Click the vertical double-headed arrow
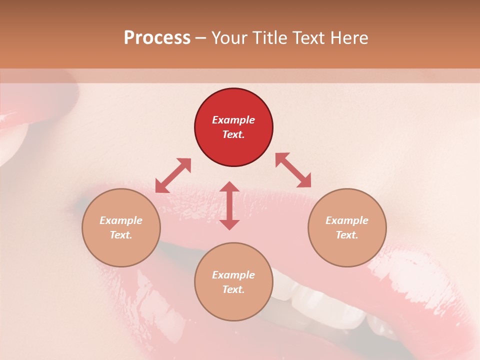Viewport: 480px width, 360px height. pyautogui.click(x=229, y=205)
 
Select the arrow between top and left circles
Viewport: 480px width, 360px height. pyautogui.click(x=173, y=175)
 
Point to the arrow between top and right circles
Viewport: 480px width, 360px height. pyautogui.click(x=293, y=170)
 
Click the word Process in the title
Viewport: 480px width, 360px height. pyautogui.click(x=157, y=38)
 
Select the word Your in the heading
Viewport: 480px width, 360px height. pyautogui.click(x=229, y=38)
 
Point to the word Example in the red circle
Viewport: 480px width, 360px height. pyautogui.click(x=233, y=120)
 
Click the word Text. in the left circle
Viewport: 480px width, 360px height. pyautogui.click(x=121, y=235)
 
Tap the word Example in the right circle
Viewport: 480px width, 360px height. pyautogui.click(x=347, y=220)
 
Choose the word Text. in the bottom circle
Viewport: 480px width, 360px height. pyautogui.click(x=233, y=289)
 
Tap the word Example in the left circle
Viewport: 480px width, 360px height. pyautogui.click(x=121, y=220)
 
